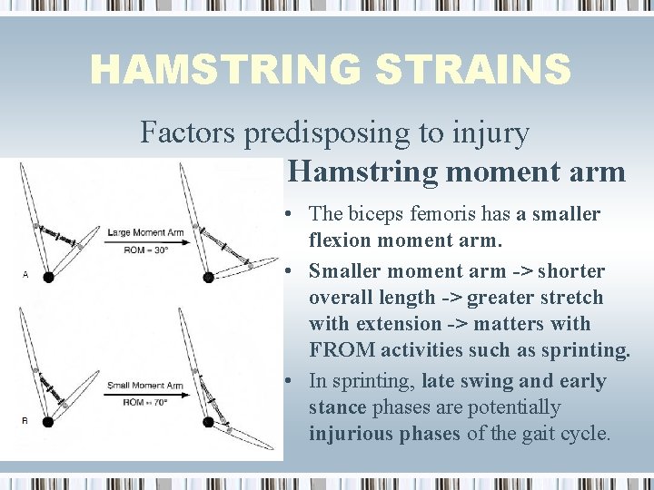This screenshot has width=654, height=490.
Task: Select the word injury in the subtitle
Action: pyautogui.click(x=489, y=133)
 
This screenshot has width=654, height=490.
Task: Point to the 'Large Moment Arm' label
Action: pyautogui.click(x=145, y=232)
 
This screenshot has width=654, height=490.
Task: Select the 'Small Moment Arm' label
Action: pyautogui.click(x=145, y=386)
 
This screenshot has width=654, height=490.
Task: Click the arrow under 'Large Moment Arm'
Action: pyautogui.click(x=145, y=241)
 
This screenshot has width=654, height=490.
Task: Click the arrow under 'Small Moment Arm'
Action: pyautogui.click(x=145, y=394)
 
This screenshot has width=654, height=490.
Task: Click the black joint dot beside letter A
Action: pyautogui.click(x=48, y=277)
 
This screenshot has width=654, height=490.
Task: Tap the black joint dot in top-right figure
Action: pyautogui.click(x=208, y=277)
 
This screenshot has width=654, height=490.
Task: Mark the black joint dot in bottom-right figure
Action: pyautogui.click(x=208, y=421)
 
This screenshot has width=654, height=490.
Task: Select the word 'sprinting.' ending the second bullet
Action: pyautogui.click(x=586, y=350)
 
